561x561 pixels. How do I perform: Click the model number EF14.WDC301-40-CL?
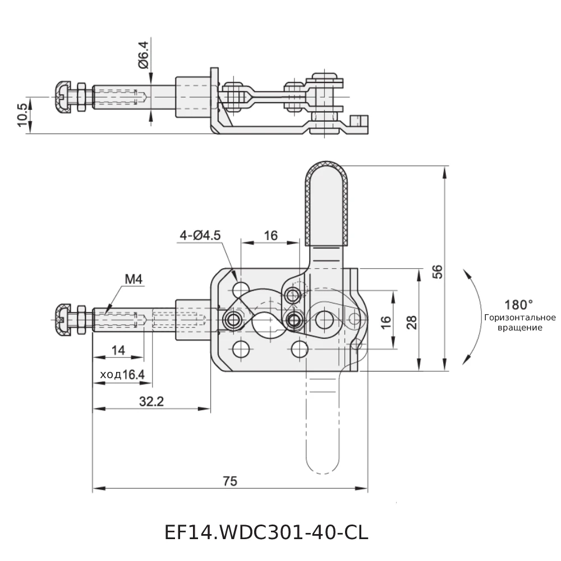(266, 532)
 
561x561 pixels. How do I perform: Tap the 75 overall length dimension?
(229, 481)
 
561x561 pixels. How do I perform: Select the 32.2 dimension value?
(151, 401)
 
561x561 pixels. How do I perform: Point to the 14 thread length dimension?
(118, 350)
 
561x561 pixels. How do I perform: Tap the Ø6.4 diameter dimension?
(144, 54)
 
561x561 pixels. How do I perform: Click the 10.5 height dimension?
(22, 115)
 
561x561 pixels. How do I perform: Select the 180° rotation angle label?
(518, 305)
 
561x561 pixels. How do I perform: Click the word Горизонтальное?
(519, 318)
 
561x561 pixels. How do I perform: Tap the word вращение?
(519, 328)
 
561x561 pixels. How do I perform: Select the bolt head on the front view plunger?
(63, 320)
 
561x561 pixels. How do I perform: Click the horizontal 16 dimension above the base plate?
(270, 235)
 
